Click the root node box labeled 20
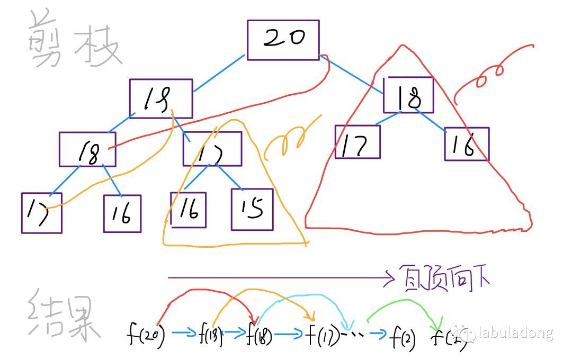(283, 40)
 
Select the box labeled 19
(161, 98)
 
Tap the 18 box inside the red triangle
(409, 95)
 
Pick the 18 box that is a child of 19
(87, 149)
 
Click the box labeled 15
(252, 209)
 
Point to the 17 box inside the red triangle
(358, 142)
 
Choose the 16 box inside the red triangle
(467, 144)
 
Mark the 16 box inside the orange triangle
(188, 210)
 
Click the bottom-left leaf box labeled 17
(41, 213)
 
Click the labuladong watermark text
(515, 333)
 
